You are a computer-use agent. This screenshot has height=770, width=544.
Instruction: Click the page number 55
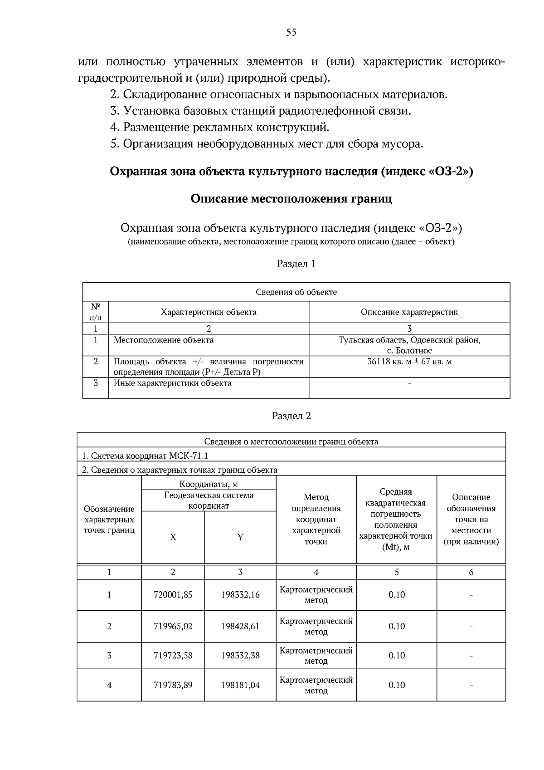coord(291,32)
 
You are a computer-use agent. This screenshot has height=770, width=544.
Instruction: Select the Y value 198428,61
coord(240,626)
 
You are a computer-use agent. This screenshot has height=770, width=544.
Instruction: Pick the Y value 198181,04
coord(240,685)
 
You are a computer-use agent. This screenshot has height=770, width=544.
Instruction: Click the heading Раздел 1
coord(296,264)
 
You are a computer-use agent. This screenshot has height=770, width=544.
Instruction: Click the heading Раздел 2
coord(291,416)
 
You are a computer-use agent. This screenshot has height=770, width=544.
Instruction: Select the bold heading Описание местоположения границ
coord(291,199)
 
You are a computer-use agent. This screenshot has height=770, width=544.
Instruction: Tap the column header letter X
coord(173,537)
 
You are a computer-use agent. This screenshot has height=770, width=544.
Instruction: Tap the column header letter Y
coord(240,537)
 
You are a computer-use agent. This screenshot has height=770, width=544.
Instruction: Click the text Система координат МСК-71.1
coord(145,456)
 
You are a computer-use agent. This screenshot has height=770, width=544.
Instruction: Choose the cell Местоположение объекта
coord(163,340)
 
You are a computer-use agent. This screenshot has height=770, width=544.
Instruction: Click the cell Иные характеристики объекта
coord(172,383)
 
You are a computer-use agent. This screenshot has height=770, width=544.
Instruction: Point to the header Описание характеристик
coord(409,312)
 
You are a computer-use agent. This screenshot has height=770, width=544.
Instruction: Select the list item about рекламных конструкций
coord(220,128)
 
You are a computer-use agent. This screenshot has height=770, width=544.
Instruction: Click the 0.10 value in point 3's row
coord(397,656)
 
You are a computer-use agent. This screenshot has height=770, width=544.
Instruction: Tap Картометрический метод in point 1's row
coord(316,595)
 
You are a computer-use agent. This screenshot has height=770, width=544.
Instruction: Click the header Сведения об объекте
coord(296,292)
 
